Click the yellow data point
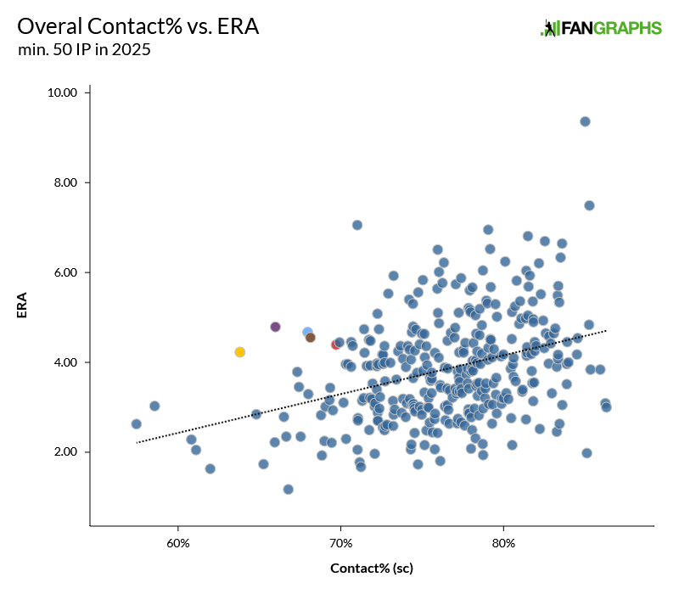click(240, 352)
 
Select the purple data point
click(275, 327)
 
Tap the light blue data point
click(307, 332)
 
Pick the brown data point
click(311, 338)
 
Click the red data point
click(336, 345)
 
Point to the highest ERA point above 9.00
click(585, 121)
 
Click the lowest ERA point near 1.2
click(289, 490)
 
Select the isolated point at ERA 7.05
click(357, 225)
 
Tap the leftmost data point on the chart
click(136, 423)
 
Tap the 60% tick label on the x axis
click(178, 541)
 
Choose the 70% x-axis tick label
click(340, 541)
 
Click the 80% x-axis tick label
click(503, 541)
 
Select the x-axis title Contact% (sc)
click(371, 568)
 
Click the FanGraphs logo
click(601, 28)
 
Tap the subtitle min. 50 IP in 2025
click(84, 50)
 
